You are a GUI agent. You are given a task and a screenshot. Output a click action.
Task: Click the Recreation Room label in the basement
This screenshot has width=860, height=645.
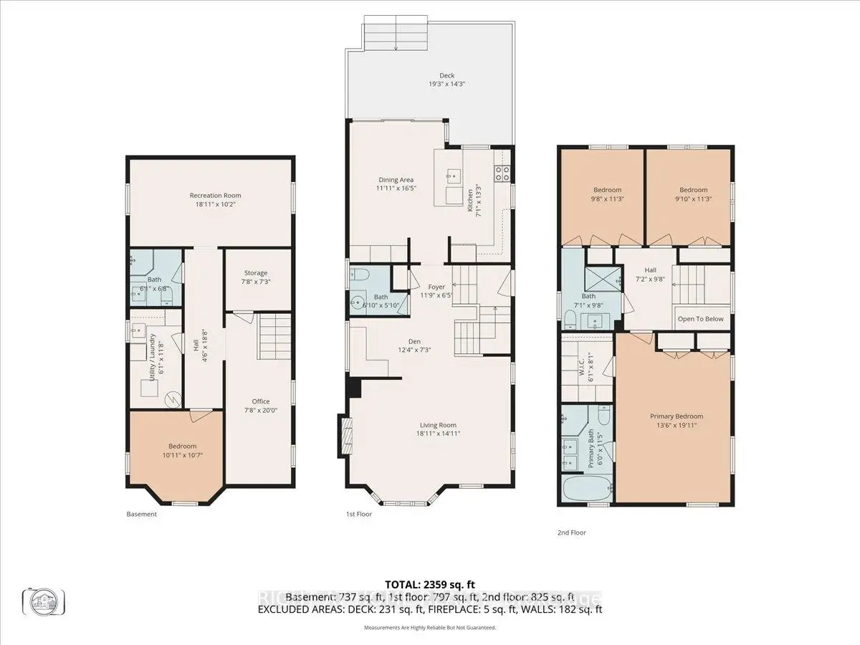[x=215, y=196]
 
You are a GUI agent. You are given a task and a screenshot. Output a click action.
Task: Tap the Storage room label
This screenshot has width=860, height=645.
[x=256, y=273]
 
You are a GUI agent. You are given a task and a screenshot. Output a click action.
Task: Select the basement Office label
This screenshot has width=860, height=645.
[x=260, y=401]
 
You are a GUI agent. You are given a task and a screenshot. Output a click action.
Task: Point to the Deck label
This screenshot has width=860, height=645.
[x=447, y=76]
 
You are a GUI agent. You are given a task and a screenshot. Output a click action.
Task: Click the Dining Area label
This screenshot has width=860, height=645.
[x=396, y=180]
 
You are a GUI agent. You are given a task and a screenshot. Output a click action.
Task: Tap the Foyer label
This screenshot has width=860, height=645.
[x=436, y=287]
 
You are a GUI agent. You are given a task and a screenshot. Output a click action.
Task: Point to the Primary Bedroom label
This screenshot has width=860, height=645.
[x=676, y=416]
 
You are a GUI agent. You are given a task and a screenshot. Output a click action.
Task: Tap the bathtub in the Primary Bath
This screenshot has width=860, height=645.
[x=586, y=492]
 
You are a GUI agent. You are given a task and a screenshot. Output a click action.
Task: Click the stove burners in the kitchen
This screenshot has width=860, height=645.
[x=502, y=172]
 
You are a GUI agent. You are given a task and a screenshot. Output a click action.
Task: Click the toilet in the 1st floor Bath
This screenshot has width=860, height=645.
[x=359, y=274]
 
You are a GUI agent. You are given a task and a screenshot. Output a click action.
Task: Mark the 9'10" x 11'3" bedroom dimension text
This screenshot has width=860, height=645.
[x=693, y=199]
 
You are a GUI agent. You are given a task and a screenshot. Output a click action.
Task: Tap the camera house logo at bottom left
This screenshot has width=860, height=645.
[x=44, y=600]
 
